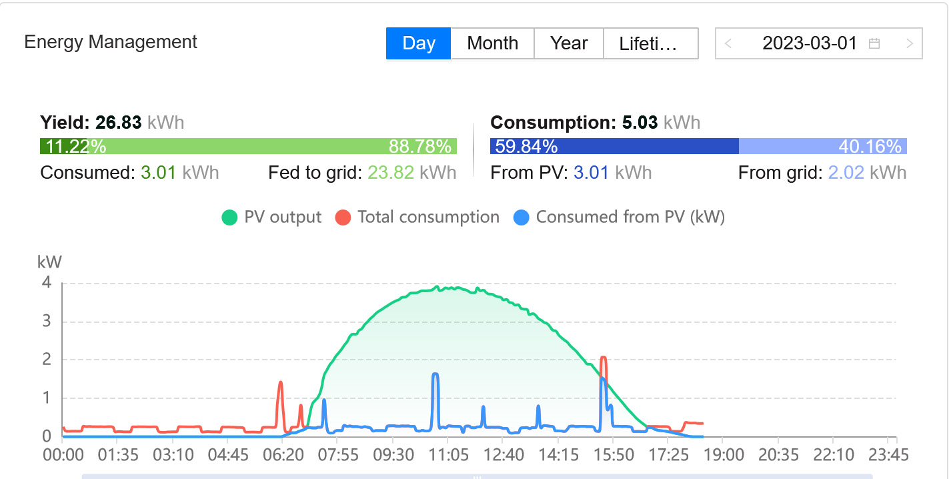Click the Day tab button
418,43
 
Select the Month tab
492,43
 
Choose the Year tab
568,43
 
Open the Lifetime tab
649,43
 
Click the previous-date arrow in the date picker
728,44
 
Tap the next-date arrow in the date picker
909,44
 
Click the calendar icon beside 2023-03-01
874,44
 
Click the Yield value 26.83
118,123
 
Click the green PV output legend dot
229,217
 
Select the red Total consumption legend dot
343,217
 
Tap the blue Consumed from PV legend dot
522,217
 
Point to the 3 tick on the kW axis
47,322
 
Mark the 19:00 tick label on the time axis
724,456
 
